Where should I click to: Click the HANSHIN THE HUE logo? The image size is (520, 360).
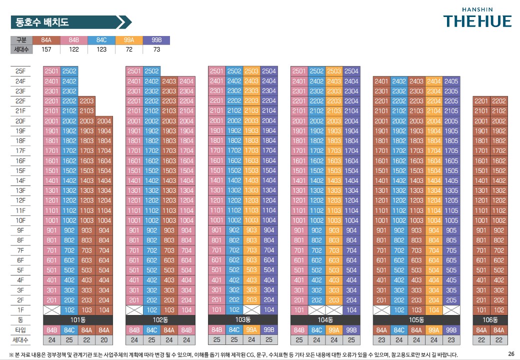(x=477, y=18)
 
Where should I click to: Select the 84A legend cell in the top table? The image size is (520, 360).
(x=46, y=40)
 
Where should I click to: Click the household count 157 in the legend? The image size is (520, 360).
(x=46, y=49)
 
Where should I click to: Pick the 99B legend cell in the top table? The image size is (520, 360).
(x=156, y=40)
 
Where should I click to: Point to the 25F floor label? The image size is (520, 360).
(x=20, y=71)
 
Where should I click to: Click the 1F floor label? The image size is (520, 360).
(x=20, y=310)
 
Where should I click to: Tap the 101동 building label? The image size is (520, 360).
(x=77, y=319)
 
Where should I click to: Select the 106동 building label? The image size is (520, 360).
(x=490, y=319)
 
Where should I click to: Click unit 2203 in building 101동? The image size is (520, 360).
(x=86, y=101)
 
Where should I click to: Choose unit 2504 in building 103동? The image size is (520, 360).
(x=269, y=71)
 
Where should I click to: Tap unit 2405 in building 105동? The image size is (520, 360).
(x=451, y=81)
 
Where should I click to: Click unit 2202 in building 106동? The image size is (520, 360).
(x=499, y=101)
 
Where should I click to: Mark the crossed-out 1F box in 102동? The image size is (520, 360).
(x=134, y=310)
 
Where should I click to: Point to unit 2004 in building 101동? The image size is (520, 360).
(x=104, y=121)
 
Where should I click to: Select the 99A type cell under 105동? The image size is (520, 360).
(x=433, y=330)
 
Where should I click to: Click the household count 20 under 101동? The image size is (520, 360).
(x=104, y=340)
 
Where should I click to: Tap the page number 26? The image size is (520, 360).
(x=511, y=353)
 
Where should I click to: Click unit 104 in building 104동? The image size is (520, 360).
(x=351, y=310)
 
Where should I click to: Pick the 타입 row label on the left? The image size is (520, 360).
(x=20, y=330)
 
